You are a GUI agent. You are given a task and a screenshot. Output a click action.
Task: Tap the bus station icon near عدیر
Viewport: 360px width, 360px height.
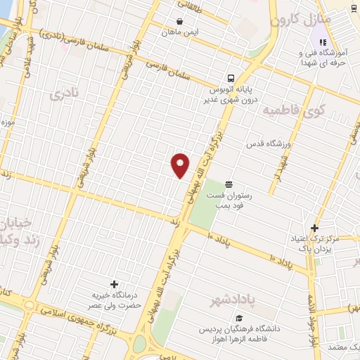coord(231,78)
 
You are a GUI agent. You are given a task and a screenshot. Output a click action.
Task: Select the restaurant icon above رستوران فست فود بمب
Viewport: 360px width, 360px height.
coord(229,184)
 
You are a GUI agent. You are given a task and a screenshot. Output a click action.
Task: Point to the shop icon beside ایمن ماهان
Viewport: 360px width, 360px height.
coord(180,22)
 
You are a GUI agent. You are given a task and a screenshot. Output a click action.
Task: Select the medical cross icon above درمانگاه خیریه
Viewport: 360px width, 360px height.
coord(114,283)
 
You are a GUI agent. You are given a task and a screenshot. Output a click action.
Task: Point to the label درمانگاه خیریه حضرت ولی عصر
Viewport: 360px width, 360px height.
coord(114,300)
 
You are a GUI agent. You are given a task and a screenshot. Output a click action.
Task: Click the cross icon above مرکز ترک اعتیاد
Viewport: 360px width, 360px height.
coord(314,228)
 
